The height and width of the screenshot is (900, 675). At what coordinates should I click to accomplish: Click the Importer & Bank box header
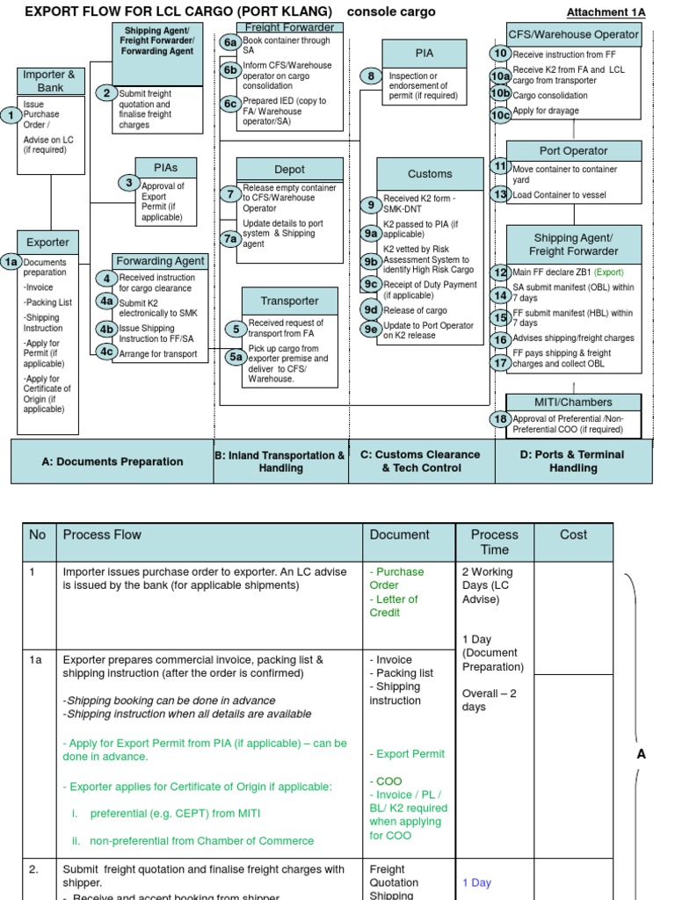coord(51,81)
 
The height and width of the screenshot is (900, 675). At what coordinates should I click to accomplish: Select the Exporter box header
coord(47,243)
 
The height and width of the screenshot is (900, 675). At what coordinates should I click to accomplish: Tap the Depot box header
coord(289,170)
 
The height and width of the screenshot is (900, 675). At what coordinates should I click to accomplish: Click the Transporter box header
coord(289,301)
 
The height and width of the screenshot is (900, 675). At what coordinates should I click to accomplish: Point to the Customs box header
coord(430,174)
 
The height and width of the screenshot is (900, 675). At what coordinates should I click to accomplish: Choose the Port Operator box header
coord(573,151)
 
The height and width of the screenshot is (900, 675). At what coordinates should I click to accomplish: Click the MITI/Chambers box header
coord(573,402)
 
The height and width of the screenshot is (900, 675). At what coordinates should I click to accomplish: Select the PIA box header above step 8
coord(424,53)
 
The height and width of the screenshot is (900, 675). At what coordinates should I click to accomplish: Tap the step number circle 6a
coord(230,42)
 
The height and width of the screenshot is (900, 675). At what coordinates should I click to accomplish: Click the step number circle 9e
coord(371,329)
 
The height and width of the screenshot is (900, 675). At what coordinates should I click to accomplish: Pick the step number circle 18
coord(500,419)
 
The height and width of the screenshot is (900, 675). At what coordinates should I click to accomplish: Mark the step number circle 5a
coord(236,356)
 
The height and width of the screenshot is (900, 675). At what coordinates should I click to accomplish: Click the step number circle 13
coord(500,194)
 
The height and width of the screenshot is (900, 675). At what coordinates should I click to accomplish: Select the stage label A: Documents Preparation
coord(112,461)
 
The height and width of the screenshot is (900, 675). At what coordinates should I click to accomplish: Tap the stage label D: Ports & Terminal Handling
coord(574,461)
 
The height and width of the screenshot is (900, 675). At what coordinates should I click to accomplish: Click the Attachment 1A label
coord(606,12)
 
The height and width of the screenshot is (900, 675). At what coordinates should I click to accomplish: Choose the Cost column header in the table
coord(573,534)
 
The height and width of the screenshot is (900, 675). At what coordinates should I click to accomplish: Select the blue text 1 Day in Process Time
coord(476,882)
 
